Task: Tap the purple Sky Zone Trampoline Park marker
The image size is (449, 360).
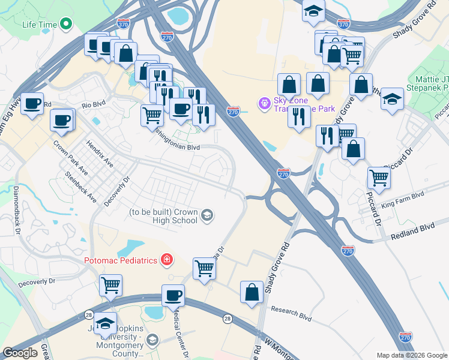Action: (263, 104)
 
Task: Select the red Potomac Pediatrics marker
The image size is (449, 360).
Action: (167, 260)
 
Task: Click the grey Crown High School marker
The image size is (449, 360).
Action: (207, 215)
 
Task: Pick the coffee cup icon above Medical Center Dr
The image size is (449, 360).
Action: (173, 295)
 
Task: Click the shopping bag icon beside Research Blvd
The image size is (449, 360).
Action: (252, 292)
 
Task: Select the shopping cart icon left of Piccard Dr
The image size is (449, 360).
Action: (379, 177)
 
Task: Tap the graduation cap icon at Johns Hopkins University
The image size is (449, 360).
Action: (105, 324)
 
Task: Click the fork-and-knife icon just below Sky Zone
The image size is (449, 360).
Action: (298, 116)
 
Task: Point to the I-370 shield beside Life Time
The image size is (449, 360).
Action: (122, 24)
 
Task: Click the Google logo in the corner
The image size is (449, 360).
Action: (20, 353)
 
